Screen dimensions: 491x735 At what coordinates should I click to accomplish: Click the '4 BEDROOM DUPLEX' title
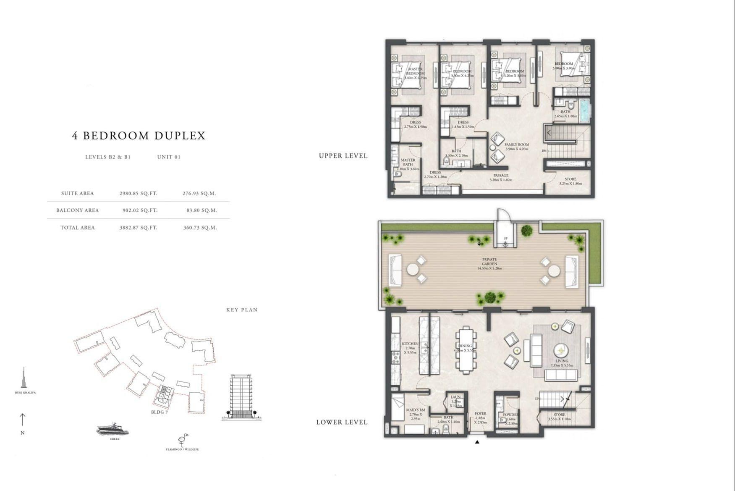coord(139,136)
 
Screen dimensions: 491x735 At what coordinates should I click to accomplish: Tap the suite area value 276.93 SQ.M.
coord(199,194)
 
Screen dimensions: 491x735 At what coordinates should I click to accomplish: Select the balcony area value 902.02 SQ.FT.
coord(140,210)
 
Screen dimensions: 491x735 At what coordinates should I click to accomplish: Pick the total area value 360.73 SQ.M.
coord(200,228)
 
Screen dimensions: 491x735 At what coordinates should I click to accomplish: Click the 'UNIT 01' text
coord(169,157)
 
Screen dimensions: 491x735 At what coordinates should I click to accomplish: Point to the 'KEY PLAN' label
coord(242,310)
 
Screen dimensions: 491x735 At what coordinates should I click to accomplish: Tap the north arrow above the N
coord(23,420)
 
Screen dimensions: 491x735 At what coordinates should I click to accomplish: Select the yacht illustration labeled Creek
coord(112,429)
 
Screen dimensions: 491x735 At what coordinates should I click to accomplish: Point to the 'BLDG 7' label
coord(160,412)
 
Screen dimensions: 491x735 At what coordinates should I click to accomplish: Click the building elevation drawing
coord(241,397)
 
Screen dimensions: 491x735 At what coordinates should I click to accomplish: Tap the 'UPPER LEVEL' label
coord(343,156)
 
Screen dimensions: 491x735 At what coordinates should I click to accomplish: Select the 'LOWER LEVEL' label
coord(342,422)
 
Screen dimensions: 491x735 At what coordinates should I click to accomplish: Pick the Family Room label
coord(516,147)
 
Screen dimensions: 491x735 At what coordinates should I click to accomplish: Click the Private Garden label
coord(489,263)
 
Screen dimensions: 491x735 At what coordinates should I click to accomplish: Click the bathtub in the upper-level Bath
coord(585,110)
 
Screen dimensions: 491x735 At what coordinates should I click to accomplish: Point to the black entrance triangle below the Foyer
coord(477,442)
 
